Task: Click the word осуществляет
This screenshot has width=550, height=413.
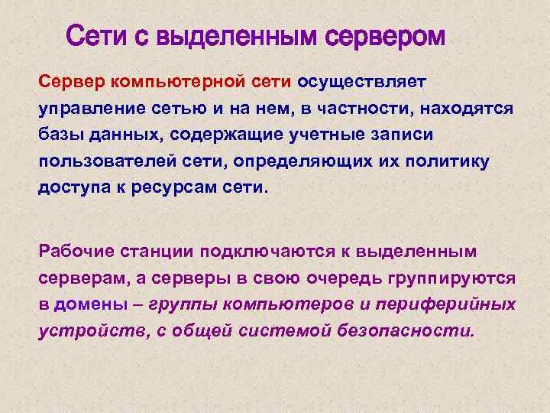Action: point(362,80)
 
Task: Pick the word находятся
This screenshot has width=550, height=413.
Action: point(467,108)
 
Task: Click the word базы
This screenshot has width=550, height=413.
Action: point(61,135)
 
